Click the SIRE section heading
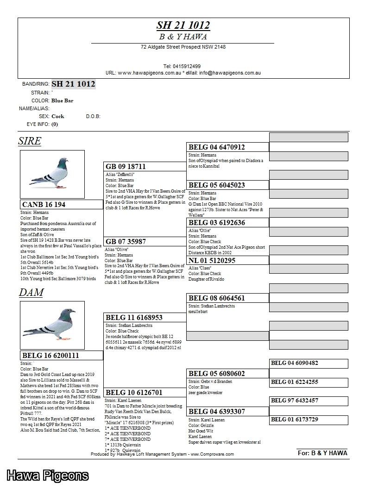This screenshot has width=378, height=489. pos(30,141)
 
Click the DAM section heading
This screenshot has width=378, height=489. pos(31,293)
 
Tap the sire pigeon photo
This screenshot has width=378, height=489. pos(52,174)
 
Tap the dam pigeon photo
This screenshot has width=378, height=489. pos(52,325)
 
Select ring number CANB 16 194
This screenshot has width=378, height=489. pos(44,205)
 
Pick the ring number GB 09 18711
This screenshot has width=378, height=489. pos(126,167)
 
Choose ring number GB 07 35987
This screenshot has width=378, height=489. pos(126,242)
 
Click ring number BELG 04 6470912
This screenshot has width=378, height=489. pos(217,147)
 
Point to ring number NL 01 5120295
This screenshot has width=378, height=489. pos(212,261)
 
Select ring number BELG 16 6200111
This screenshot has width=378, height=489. pos(51,356)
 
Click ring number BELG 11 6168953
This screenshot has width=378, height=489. pos(134,318)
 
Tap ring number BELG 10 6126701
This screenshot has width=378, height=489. pos(134,393)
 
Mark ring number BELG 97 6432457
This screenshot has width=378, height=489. pos(295,401)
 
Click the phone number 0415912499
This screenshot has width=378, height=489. pos(182,66)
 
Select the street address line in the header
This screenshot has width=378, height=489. pos(183,47)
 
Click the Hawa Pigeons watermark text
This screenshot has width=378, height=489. pos(47,475)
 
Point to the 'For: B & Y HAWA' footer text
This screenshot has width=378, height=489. pos(322,453)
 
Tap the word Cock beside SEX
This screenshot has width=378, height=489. pos(58,116)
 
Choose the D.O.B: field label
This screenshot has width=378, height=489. pos(93,116)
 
